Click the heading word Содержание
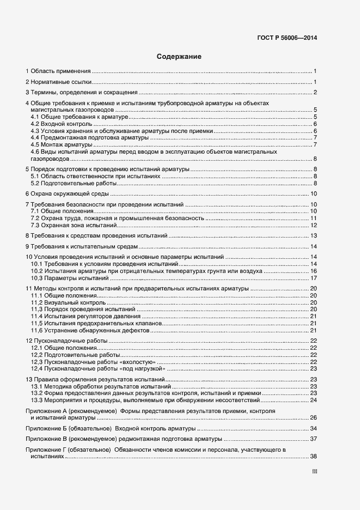tap(179, 56)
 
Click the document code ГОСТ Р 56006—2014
tap(287, 38)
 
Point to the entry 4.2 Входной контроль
tap(59, 124)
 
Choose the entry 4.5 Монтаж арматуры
tap(62, 144)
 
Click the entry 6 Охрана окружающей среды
tap(68, 193)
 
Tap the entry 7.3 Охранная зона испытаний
tap(74, 225)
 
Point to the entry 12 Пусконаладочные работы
tap(66, 341)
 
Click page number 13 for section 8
tap(314, 235)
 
